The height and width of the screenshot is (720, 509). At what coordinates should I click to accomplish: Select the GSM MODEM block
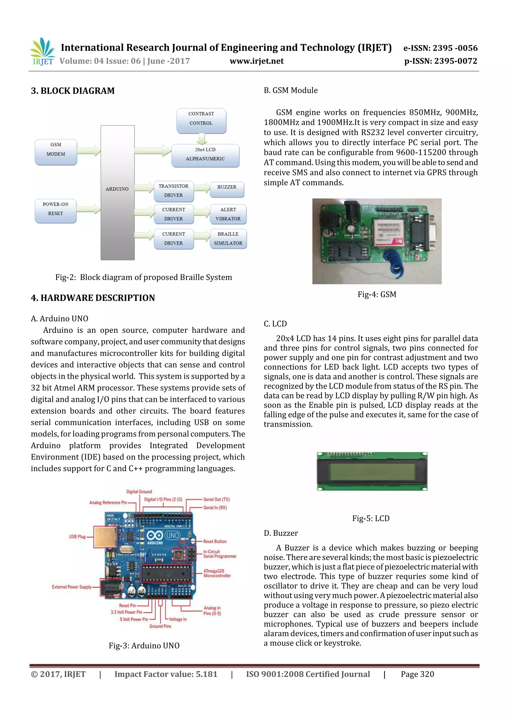click(56, 152)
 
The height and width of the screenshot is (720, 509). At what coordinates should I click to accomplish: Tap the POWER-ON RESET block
click(55, 211)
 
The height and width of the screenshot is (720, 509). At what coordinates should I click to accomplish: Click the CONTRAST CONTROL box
click(201, 121)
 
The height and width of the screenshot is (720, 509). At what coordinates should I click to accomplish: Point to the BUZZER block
click(227, 189)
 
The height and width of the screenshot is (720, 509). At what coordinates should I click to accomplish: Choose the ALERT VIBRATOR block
click(228, 214)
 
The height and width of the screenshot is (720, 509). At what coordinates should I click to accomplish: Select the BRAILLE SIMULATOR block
click(228, 239)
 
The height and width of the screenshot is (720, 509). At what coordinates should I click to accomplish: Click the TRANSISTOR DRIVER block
click(173, 191)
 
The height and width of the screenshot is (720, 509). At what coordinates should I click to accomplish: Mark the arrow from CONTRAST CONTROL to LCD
click(202, 139)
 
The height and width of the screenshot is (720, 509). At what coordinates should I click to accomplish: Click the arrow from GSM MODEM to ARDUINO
click(89, 151)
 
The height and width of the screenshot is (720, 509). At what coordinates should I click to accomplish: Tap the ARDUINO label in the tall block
click(117, 189)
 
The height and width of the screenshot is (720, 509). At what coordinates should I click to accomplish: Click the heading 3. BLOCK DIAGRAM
click(73, 91)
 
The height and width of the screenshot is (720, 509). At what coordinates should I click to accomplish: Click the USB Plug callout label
click(77, 537)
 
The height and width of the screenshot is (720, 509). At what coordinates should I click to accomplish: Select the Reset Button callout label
click(214, 542)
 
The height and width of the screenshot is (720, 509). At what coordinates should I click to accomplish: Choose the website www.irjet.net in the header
click(256, 61)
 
